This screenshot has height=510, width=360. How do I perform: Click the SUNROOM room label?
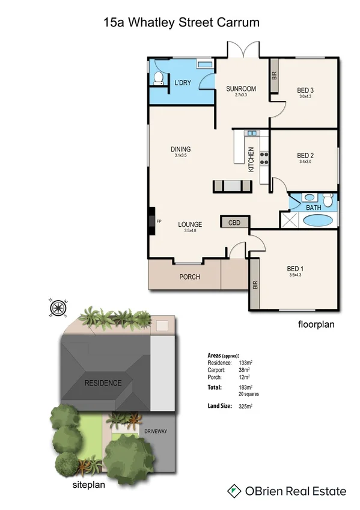[x=241, y=90]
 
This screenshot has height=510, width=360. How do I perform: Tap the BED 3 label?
[x=307, y=91]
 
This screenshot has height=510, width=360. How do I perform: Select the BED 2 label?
[x=305, y=155]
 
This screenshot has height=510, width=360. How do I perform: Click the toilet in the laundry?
[x=157, y=78]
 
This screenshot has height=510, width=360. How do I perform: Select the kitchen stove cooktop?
[x=263, y=158]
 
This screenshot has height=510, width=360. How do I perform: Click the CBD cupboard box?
[x=234, y=223]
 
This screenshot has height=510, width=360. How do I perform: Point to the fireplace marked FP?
[x=153, y=221]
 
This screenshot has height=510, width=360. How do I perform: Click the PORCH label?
[x=189, y=277]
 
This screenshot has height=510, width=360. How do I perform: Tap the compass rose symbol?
[x=58, y=309]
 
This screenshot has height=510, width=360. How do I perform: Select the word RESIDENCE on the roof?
[x=103, y=383]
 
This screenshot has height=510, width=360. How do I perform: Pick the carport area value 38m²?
[x=245, y=371]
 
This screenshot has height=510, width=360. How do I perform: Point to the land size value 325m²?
[x=245, y=407]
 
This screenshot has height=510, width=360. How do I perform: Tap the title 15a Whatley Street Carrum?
[x=182, y=23]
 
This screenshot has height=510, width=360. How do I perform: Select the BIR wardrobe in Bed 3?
[x=274, y=76]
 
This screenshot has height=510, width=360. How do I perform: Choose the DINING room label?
[x=181, y=149]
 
